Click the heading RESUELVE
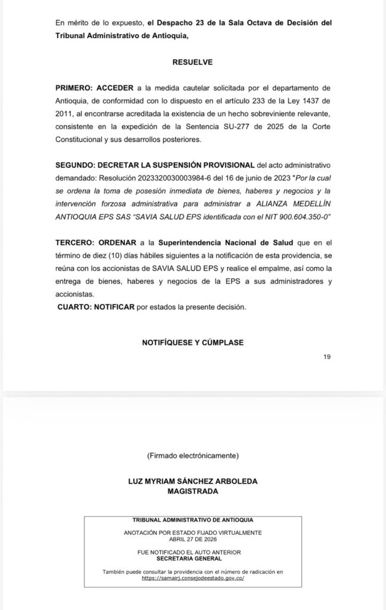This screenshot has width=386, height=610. pyautogui.click(x=192, y=61)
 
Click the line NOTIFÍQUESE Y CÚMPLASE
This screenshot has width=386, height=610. pyautogui.click(x=192, y=343)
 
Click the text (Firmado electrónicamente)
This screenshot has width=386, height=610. pyautogui.click(x=192, y=456)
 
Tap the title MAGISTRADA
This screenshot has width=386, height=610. pyautogui.click(x=192, y=491)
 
